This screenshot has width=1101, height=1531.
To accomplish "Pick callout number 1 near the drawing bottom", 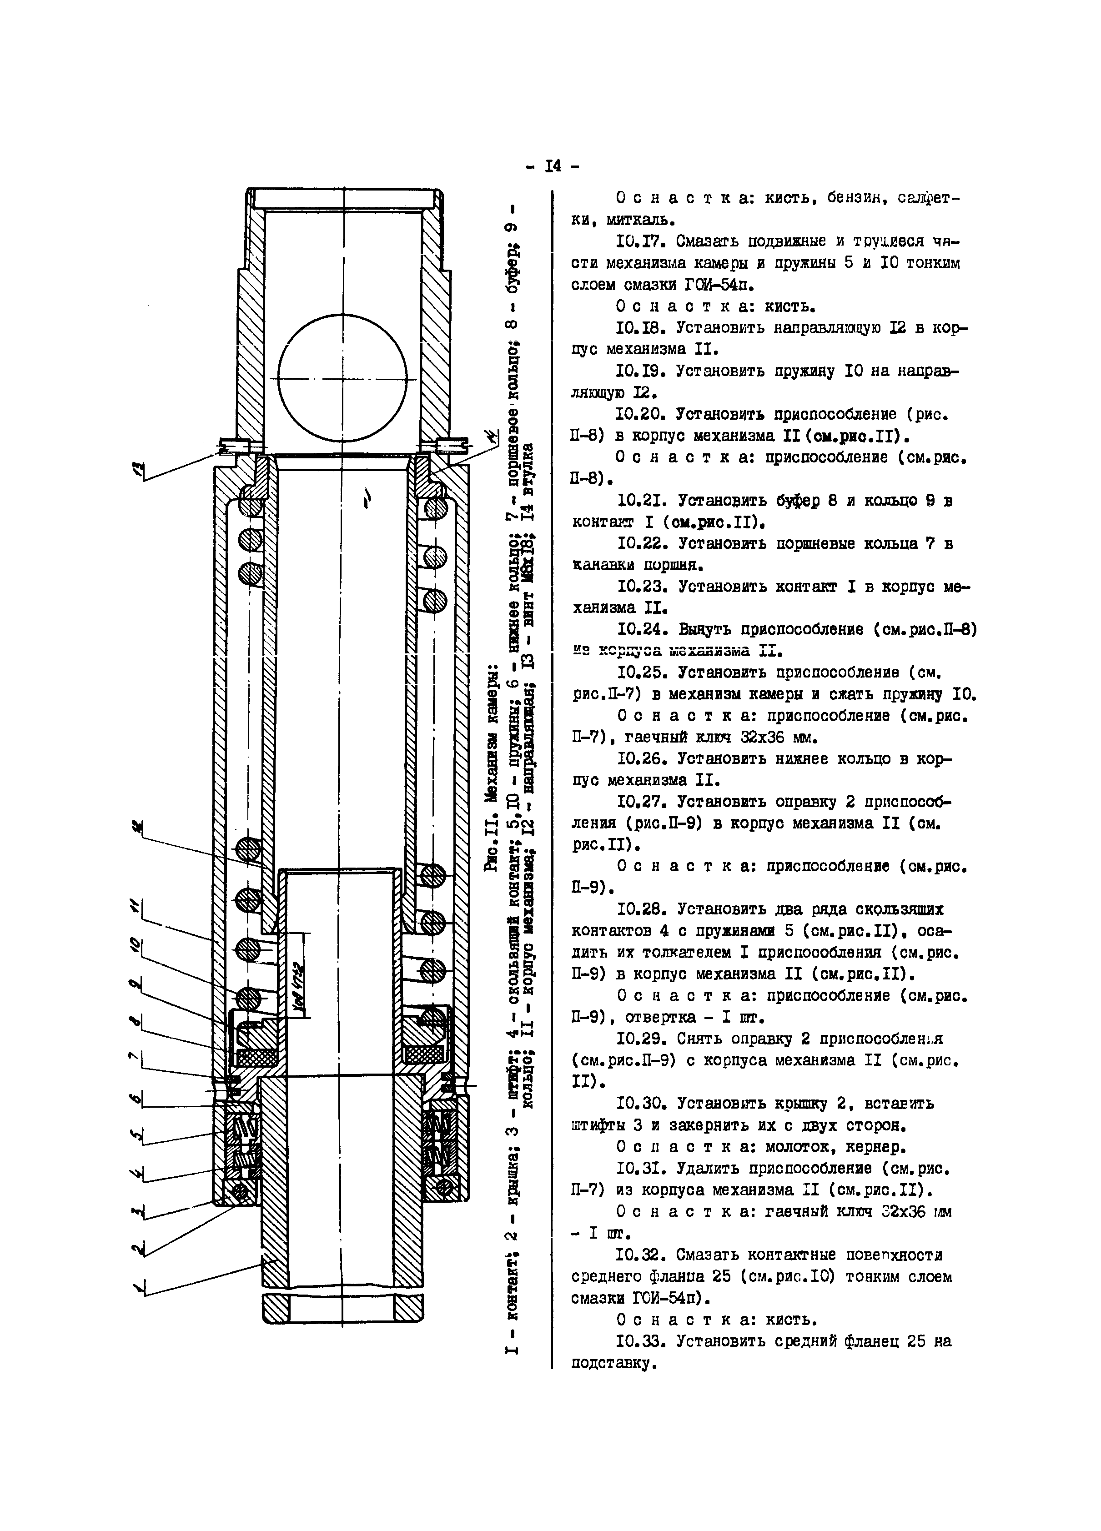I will tap(141, 1290).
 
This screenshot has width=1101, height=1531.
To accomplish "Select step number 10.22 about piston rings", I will tap(643, 543).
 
